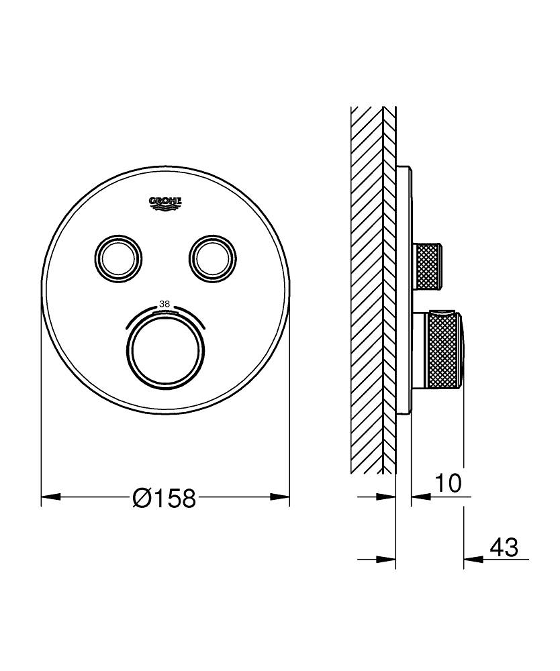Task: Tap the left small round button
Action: tap(118, 256)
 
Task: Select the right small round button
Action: tap(213, 256)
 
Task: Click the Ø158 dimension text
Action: tap(165, 498)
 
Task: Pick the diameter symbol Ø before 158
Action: tap(142, 498)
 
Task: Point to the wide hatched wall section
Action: tap(366, 289)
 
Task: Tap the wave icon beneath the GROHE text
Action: tap(165, 209)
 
